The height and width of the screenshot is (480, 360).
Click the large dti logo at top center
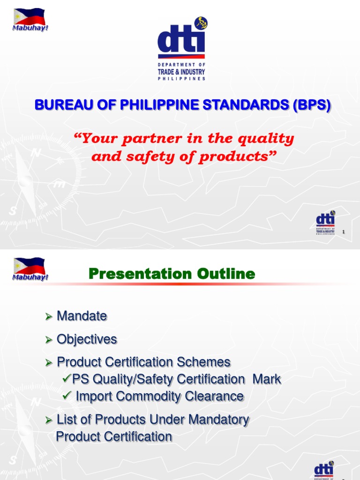point(181,49)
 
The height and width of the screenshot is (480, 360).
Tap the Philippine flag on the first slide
point(29,17)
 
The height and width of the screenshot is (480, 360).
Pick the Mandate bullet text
point(82,316)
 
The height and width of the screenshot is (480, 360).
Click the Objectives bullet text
point(87,339)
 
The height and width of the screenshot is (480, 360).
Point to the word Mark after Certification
point(267,379)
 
